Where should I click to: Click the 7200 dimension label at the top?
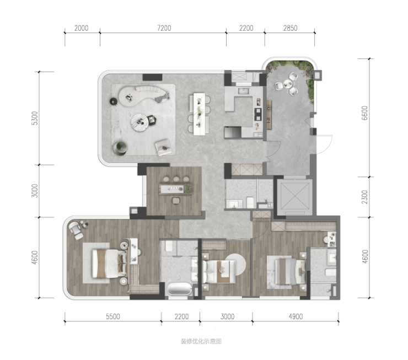(164, 28)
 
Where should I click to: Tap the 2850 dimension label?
(290, 28)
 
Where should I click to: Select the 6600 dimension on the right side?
(365, 113)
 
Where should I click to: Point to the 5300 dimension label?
(35, 118)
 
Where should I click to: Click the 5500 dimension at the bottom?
(113, 316)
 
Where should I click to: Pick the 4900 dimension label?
(296, 316)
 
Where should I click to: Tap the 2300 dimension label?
(365, 197)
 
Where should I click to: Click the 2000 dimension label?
(82, 28)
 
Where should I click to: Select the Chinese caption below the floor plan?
(201, 341)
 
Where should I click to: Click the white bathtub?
(180, 288)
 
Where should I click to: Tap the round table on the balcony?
(287, 84)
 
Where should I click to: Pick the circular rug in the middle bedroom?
(235, 264)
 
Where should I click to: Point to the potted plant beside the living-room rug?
(120, 148)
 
